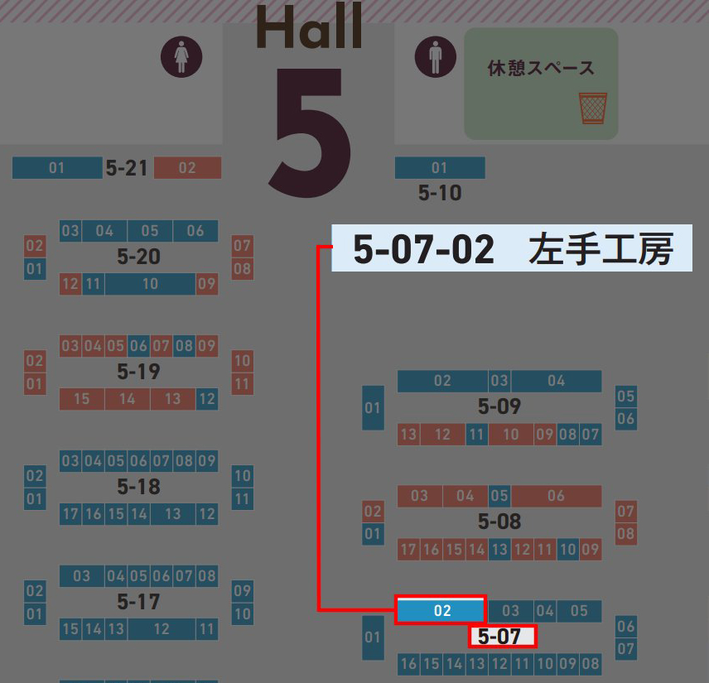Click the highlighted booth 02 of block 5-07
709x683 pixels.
coord(441,611)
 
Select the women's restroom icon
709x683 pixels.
coord(181,58)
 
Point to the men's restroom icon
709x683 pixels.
coord(435,58)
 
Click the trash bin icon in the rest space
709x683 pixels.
coord(592,108)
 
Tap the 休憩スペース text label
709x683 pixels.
coord(541,68)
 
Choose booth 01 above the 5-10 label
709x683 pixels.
coord(439,168)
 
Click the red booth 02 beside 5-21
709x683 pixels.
coord(187,168)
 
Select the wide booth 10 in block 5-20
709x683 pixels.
coord(150,284)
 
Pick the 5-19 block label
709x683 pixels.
coord(138,372)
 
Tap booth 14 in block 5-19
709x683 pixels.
coord(127,399)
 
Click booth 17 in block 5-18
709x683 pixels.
coord(70,514)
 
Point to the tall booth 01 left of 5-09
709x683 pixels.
coord(373,407)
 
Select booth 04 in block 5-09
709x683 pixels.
coord(556,381)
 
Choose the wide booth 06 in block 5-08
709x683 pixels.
coord(556,496)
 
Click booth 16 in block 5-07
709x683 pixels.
coord(408,663)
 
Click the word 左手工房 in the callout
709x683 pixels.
coord(600,249)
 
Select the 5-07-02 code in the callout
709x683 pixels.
coord(423,249)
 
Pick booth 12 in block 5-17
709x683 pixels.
coord(161,629)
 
